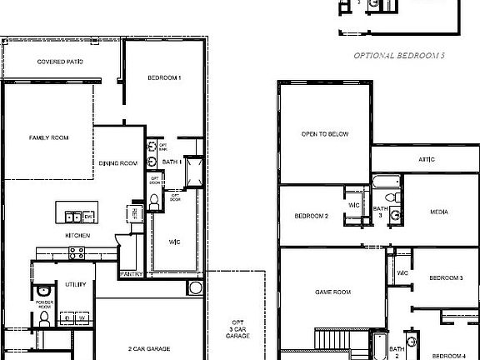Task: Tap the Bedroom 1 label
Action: (x=164, y=77)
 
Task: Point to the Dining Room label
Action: (x=117, y=163)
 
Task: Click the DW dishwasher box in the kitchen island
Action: (x=87, y=216)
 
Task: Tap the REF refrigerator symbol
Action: (x=134, y=213)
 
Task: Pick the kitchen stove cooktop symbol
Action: (x=77, y=252)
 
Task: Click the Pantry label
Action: (x=132, y=273)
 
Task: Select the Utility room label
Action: (x=76, y=284)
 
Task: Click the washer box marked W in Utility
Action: (x=82, y=317)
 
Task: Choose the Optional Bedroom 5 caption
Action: (x=399, y=56)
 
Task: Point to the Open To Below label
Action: (x=325, y=134)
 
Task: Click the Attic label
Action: (x=425, y=158)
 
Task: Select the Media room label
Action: (x=438, y=212)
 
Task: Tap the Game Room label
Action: (x=332, y=292)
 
